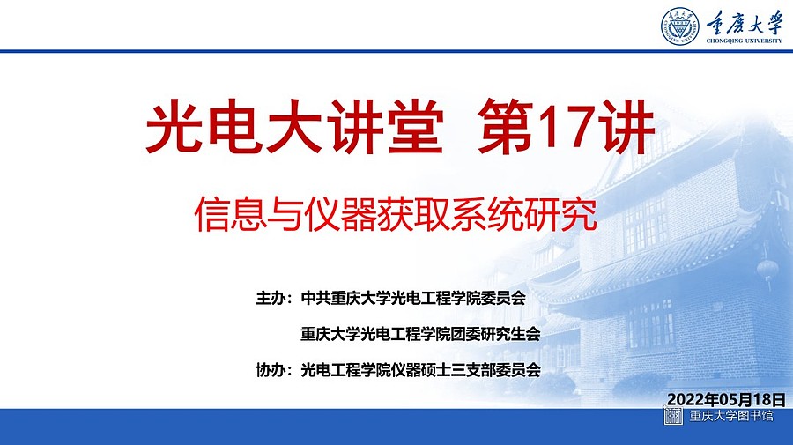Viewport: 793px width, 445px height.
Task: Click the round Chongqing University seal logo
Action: pos(680,26)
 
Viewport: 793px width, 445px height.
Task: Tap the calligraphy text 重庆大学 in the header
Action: pos(745,22)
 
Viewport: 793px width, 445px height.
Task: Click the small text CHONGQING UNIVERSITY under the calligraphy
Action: pos(744,41)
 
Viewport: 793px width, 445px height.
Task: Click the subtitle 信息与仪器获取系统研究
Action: pos(396,214)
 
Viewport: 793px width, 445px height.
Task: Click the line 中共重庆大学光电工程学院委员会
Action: pos(413,298)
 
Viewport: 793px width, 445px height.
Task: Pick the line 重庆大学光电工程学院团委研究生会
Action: pos(420,334)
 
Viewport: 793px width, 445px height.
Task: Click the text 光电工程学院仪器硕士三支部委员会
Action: pos(420,370)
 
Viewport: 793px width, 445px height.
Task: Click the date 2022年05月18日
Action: pos(726,399)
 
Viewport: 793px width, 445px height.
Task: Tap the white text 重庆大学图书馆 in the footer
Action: pos(731,416)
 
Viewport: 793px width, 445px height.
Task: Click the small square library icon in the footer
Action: pos(673,416)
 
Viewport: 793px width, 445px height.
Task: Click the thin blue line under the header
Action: pos(396,51)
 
